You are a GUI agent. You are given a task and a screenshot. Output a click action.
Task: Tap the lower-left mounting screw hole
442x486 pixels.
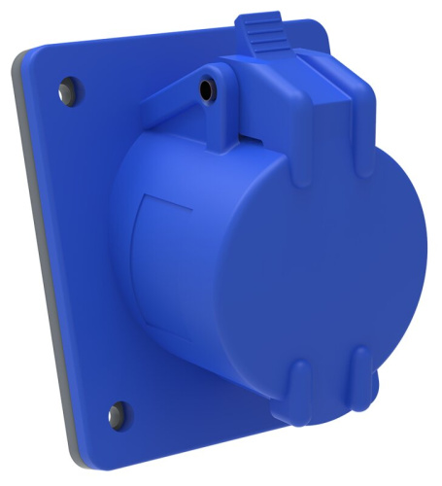tap(118, 409)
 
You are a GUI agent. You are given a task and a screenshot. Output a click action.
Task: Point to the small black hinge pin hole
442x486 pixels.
tap(205, 90)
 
